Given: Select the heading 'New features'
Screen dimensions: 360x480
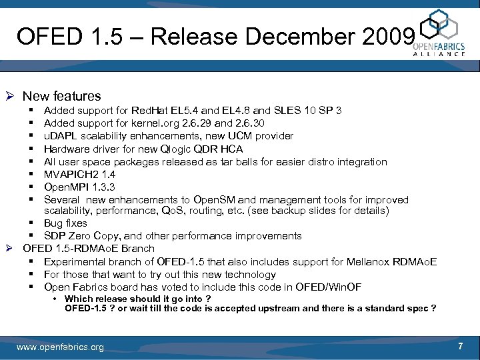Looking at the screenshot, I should tap(62, 96).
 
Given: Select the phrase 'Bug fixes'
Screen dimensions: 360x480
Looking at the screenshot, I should tap(65, 223).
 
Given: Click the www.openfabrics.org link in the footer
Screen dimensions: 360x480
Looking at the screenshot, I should tap(60, 347).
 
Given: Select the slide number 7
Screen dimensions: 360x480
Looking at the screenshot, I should tap(460, 346).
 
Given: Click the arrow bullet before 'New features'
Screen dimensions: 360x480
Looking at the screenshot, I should tap(11, 96).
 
